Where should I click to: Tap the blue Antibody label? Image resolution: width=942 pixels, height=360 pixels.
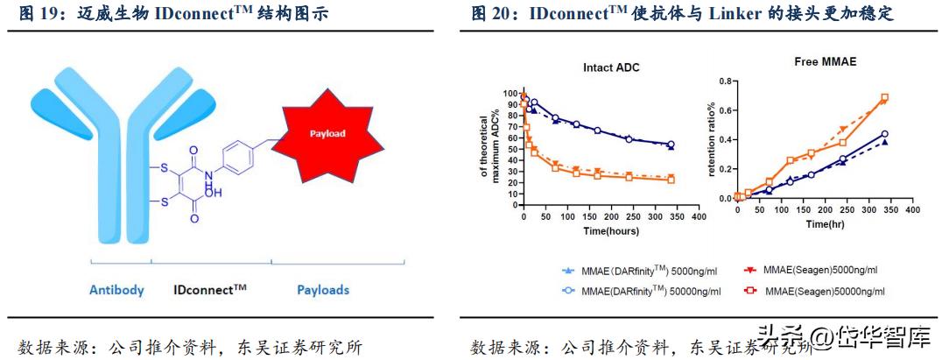pos(116,290)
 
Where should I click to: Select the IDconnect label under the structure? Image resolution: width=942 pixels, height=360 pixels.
pos(209,290)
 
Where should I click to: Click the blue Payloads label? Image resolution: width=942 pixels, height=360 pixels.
pos(322,290)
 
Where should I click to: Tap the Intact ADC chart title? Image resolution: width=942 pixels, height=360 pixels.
pos(612,67)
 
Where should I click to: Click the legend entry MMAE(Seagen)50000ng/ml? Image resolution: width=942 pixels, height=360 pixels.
pos(818,291)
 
